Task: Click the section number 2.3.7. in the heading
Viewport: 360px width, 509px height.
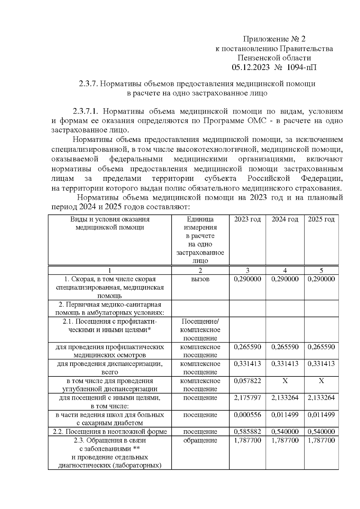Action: tap(88, 84)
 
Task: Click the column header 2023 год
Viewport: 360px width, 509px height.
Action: tap(247, 219)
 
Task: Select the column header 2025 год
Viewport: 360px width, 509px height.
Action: tap(321, 219)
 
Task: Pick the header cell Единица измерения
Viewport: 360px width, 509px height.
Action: tap(200, 223)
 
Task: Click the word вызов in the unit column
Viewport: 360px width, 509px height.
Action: tap(200, 279)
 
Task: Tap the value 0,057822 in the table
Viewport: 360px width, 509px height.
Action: tap(247, 381)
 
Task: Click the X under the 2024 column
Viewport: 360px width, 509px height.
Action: tap(285, 381)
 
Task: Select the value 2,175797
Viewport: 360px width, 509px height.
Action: tap(247, 398)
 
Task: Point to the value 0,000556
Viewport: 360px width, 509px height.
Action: tap(247, 415)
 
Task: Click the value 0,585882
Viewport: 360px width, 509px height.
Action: tap(247, 432)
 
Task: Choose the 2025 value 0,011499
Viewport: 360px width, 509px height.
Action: tap(321, 415)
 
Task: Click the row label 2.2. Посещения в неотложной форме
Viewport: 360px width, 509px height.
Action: tap(110, 432)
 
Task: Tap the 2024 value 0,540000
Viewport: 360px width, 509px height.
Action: tap(285, 432)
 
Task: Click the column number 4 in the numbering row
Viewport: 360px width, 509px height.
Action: tap(285, 270)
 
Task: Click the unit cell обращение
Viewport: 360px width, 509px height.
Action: tap(200, 441)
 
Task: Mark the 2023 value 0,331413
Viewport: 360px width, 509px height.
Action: tap(247, 364)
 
